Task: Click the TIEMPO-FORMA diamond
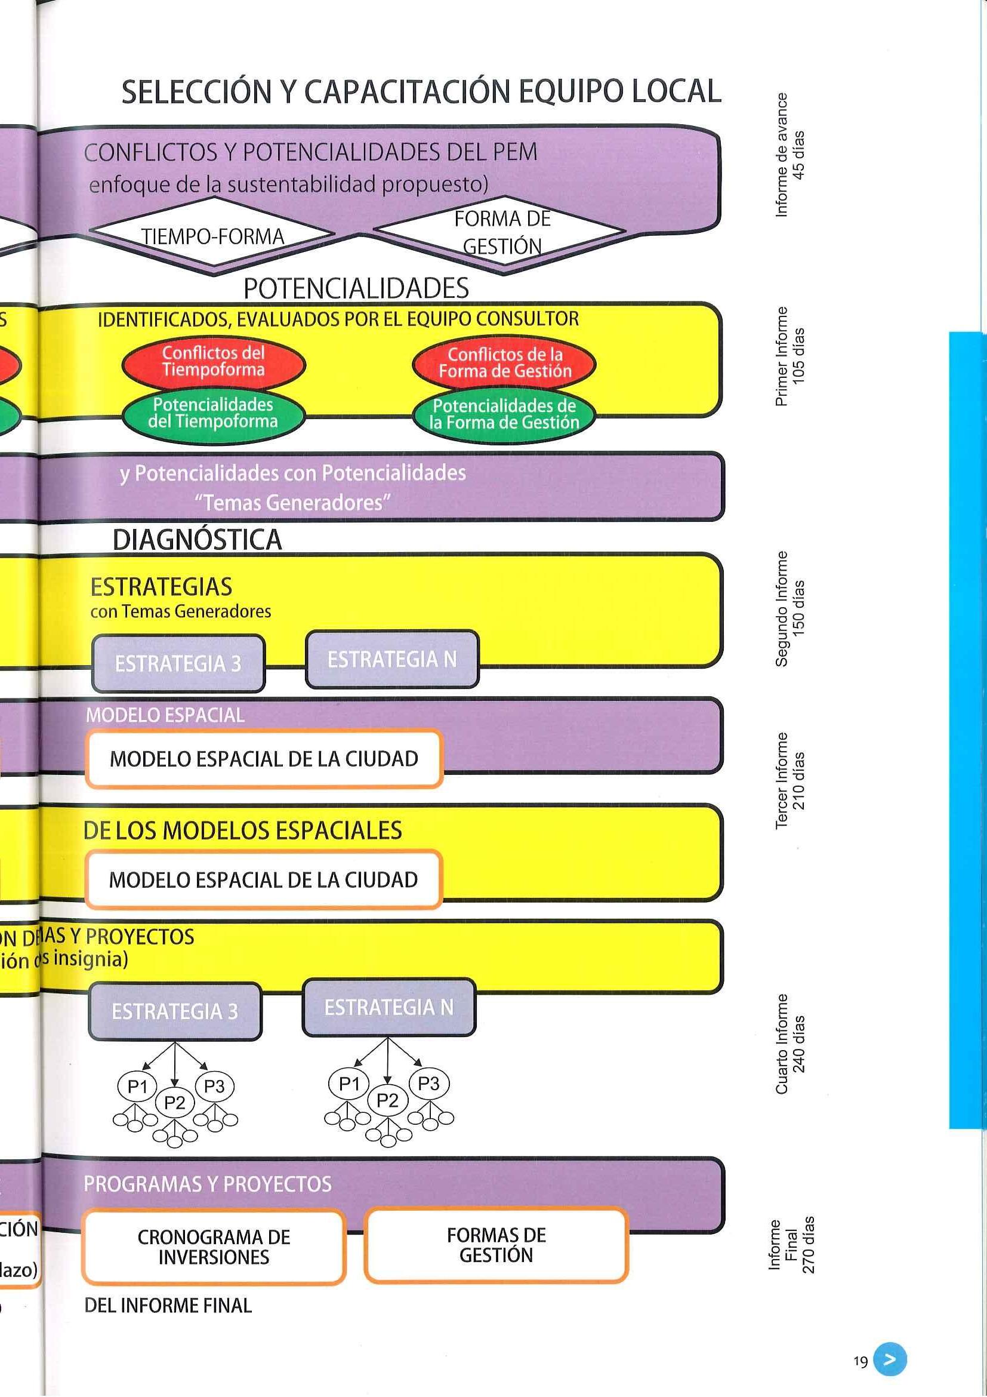click(x=212, y=235)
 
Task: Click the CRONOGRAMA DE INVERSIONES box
click(x=214, y=1247)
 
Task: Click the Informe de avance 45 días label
click(x=790, y=155)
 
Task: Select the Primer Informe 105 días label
click(x=790, y=356)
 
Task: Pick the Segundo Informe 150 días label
click(x=790, y=608)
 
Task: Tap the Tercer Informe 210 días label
click(x=790, y=780)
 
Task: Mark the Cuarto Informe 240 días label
click(x=790, y=1044)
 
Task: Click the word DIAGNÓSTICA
click(x=197, y=540)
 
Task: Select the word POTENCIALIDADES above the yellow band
click(x=356, y=288)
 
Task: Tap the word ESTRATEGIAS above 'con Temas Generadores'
click(x=161, y=587)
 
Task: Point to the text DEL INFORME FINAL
click(x=168, y=1306)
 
